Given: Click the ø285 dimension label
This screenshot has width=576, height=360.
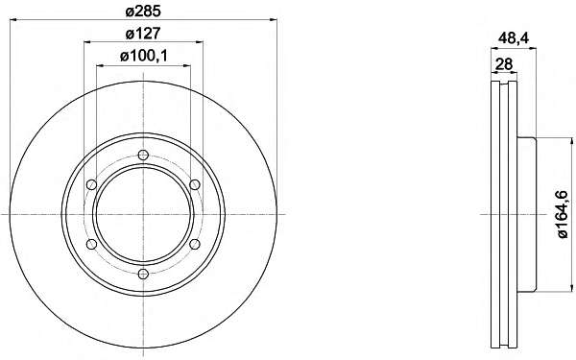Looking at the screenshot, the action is coord(143,12).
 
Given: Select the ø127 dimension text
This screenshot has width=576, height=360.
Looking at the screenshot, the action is coord(143,34).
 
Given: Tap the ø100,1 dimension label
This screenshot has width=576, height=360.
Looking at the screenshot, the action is coord(144,57).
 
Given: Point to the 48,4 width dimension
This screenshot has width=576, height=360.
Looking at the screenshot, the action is coord(514,37).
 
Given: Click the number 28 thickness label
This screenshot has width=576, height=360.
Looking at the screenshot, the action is coord(504,64).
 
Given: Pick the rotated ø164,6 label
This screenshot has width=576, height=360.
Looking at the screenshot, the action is coord(563,214).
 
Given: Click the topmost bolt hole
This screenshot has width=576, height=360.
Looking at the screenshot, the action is coord(143,155).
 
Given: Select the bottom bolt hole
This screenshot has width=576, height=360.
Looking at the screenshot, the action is coord(143,274).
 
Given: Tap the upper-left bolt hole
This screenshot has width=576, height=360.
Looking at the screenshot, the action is coord(91,184).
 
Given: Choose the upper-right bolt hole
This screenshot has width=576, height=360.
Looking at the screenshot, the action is coord(195,184).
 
